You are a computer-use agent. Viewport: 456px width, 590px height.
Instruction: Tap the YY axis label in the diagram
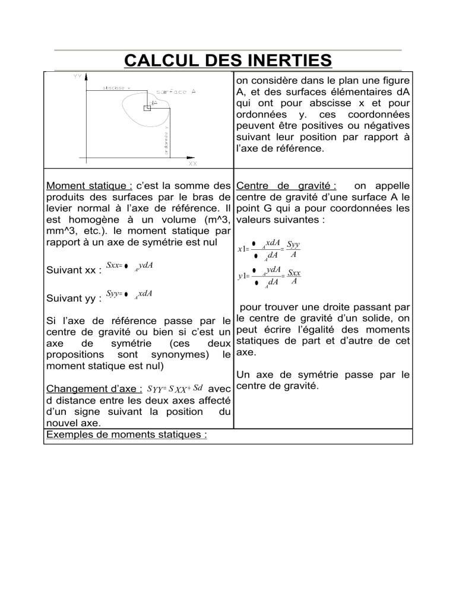click(x=77, y=76)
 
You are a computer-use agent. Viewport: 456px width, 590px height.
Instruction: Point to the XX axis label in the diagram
click(x=192, y=163)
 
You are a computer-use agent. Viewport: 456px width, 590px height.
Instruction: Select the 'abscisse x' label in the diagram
click(x=116, y=87)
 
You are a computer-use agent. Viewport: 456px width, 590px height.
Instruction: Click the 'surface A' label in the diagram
click(x=172, y=92)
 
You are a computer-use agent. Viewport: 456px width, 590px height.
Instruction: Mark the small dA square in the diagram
click(x=146, y=108)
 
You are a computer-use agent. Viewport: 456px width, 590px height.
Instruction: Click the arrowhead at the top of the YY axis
click(x=87, y=77)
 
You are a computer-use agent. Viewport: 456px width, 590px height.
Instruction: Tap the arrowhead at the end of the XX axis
click(x=200, y=157)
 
